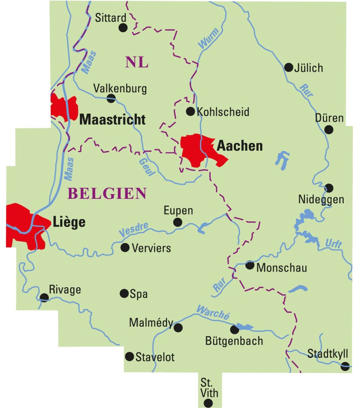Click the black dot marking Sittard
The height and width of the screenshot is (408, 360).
123,28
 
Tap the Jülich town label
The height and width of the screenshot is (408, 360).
308,68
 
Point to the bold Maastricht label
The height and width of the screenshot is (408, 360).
112,119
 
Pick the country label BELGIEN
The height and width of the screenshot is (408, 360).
107,193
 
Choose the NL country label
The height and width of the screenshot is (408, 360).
137,62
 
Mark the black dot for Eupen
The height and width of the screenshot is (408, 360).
177,222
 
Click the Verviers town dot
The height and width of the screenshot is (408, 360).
125,248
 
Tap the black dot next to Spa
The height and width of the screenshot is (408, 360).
124,293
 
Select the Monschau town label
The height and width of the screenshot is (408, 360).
282,268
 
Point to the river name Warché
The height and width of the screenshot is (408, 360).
213,311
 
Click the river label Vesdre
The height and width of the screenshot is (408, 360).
134,230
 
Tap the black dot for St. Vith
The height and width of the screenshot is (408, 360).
208,403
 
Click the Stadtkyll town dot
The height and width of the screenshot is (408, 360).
345,366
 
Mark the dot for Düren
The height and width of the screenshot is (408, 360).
329,130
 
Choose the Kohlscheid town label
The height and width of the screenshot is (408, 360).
223,112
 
